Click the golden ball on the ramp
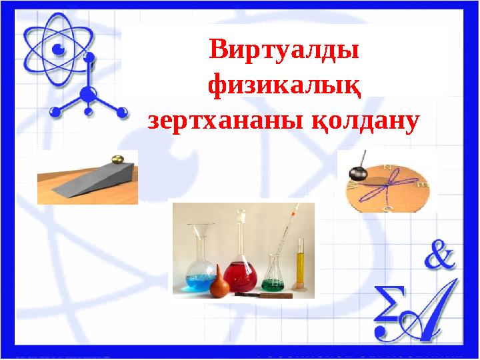117,159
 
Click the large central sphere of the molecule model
87,93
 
